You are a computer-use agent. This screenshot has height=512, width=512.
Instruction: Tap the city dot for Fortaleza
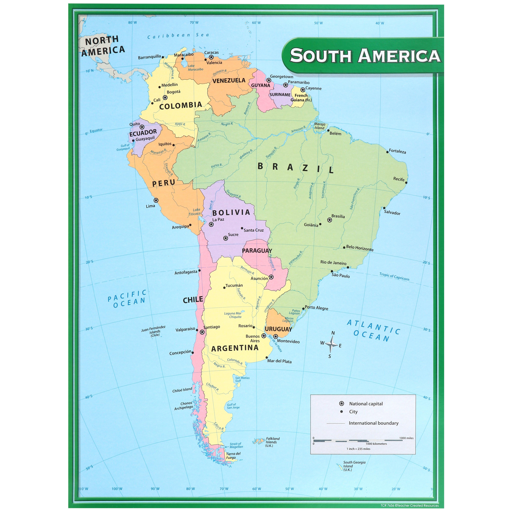[387, 152]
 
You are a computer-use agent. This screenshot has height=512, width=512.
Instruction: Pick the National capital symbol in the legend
[342, 404]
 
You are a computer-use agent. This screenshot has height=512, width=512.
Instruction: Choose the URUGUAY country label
[278, 329]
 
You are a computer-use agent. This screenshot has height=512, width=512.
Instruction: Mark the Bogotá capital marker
[165, 98]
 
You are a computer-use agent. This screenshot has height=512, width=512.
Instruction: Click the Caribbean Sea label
[178, 35]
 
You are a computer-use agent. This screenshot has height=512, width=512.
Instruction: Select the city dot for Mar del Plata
[267, 358]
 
